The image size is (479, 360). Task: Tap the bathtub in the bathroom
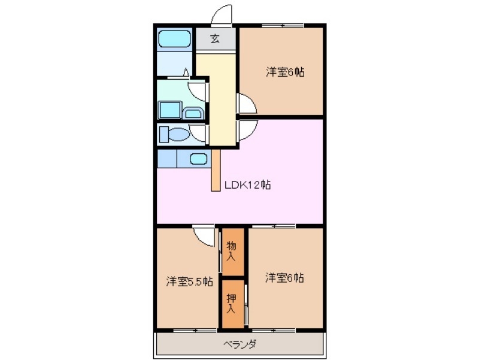174,40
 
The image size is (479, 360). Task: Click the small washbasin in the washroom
193,113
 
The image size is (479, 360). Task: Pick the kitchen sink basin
199,159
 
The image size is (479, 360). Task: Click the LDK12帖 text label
247,185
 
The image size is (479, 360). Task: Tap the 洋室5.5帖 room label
189,280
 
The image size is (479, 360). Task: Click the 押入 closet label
232,304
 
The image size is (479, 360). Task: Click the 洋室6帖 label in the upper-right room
285,72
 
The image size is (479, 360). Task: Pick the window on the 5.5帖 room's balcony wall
195,330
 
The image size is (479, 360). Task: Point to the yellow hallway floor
222,99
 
